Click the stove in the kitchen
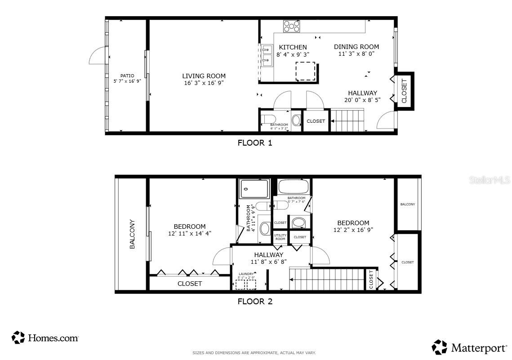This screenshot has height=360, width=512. click(x=291, y=26)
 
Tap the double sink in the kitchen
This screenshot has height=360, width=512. click(x=267, y=55)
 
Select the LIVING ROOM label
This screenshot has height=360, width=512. click(x=204, y=76)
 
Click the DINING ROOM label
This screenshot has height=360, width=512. click(x=356, y=47)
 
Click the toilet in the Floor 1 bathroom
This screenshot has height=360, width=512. click(x=268, y=119)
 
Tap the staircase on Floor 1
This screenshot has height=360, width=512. click(x=347, y=120)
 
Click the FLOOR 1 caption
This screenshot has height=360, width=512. click(x=255, y=143)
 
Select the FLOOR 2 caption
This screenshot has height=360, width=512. click(x=255, y=302)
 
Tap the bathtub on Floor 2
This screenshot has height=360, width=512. click(x=293, y=186)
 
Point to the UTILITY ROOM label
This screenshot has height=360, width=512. click(x=280, y=237)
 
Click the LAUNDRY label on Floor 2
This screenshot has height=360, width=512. click(x=246, y=274)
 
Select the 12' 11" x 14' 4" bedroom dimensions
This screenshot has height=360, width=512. click(x=189, y=233)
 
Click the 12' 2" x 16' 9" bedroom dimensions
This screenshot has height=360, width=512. click(x=353, y=229)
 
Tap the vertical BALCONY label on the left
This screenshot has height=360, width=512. click(x=132, y=234)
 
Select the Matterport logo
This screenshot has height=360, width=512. click(x=470, y=347)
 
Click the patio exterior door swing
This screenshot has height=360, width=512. click(x=98, y=57)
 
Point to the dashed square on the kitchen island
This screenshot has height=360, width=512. click(x=305, y=71)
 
